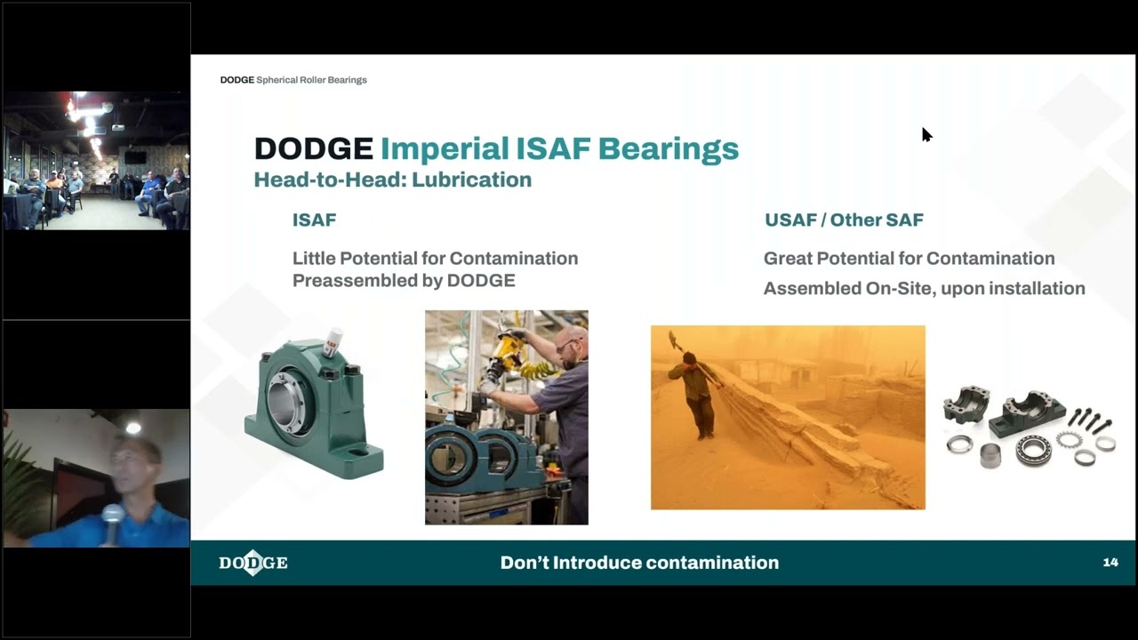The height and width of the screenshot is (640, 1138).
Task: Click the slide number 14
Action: point(1110,563)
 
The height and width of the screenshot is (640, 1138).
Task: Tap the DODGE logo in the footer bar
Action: point(253,563)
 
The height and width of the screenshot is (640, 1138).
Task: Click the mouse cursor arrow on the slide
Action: point(926,134)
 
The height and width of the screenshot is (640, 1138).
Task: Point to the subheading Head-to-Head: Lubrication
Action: point(392,180)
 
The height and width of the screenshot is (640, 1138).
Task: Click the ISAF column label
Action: point(314,220)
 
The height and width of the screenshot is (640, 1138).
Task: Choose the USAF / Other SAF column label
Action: point(844,220)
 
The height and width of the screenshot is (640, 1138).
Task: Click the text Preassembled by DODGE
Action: point(404,281)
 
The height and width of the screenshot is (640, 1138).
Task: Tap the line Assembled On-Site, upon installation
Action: point(924,288)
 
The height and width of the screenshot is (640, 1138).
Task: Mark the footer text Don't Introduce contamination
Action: point(639,563)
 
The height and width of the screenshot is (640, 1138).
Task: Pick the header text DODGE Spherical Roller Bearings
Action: point(293,80)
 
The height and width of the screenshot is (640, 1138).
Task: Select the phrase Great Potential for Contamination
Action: point(909,259)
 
